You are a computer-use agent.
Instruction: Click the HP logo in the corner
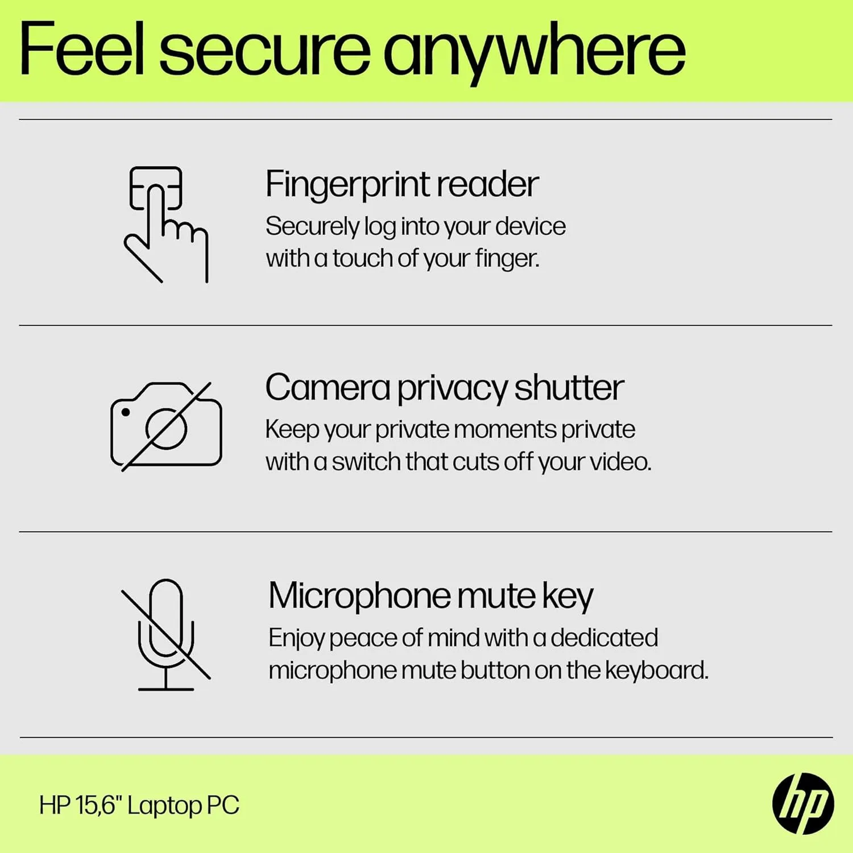coord(803,804)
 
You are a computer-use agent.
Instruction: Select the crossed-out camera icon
coord(166,426)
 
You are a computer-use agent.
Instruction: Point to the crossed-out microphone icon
coord(166,634)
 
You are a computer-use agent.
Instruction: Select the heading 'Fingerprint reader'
coord(401,184)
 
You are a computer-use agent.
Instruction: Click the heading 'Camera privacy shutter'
coord(444,388)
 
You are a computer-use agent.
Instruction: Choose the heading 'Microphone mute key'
coord(430,596)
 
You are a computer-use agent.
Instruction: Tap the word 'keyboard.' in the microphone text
coord(656,670)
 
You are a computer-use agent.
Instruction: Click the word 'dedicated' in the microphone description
coord(604,638)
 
